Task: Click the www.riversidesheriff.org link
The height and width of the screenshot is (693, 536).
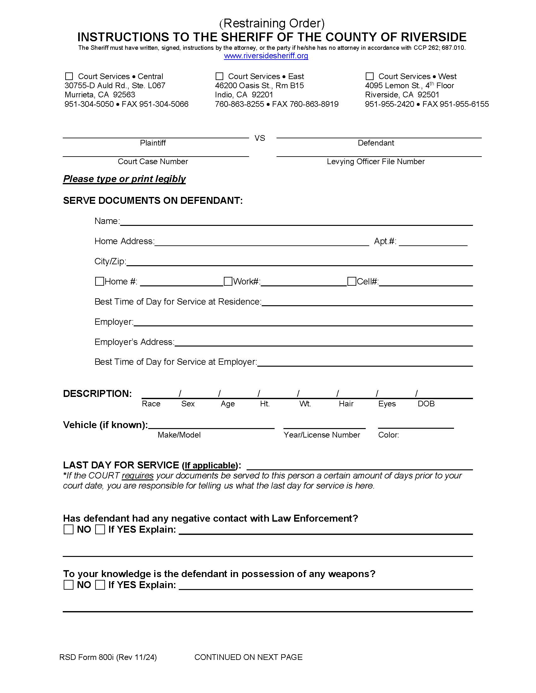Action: [x=266, y=56]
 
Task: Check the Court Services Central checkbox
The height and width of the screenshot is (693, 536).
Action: [x=69, y=77]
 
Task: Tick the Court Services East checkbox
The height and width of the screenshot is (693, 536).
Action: [x=219, y=77]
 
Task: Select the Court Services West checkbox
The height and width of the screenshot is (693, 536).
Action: [x=369, y=77]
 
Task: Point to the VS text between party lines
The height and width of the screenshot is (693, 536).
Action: [x=260, y=138]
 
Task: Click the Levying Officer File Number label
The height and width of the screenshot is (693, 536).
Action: [x=376, y=162]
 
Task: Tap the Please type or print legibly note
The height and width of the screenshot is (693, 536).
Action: [x=124, y=179]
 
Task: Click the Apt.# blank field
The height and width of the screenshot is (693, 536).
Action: [x=433, y=242]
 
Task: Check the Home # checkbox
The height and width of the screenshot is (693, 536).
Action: [x=99, y=281]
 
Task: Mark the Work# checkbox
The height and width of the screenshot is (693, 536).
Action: [x=228, y=281]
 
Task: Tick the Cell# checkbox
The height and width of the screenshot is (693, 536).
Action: [x=352, y=281]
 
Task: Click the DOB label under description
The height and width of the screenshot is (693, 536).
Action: [x=426, y=404]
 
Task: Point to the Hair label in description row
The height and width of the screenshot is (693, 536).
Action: [x=346, y=404]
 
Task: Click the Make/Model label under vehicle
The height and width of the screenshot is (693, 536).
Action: [x=179, y=435]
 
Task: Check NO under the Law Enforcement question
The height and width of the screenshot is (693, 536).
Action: [x=69, y=530]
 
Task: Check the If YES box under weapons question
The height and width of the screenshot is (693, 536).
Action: [x=100, y=585]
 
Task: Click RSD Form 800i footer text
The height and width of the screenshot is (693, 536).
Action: [x=108, y=657]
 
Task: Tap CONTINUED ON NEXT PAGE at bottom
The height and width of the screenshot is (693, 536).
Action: [x=248, y=657]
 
